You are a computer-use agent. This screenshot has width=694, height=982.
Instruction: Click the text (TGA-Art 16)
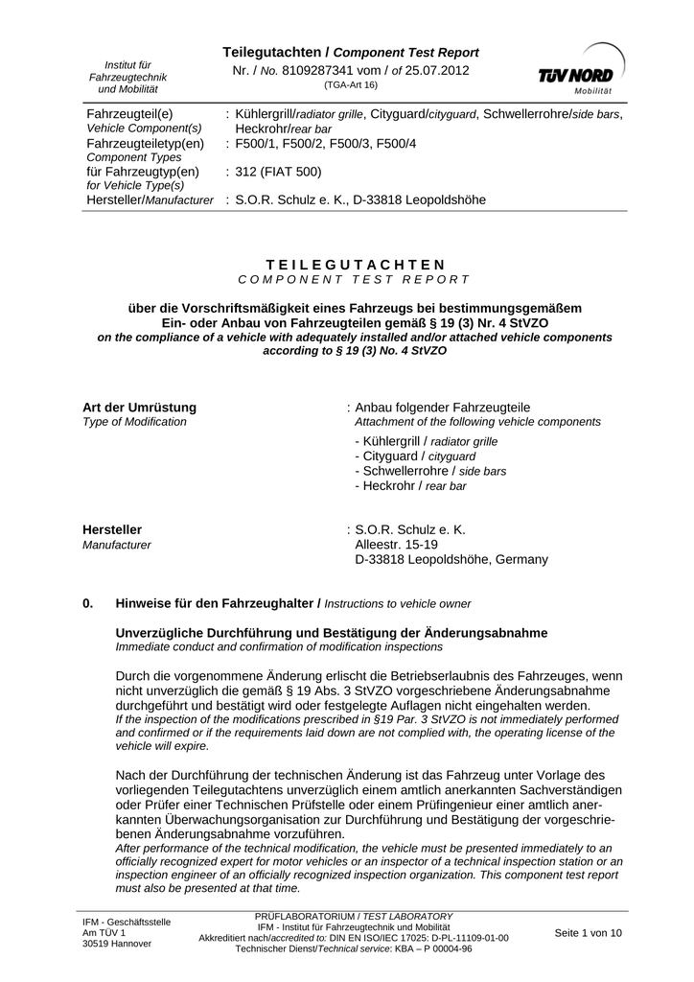(351, 85)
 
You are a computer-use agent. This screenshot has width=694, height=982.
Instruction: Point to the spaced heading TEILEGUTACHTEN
(355, 264)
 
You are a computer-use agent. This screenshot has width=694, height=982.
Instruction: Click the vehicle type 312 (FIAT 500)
(279, 172)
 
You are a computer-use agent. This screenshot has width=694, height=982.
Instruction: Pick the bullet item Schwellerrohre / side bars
(430, 471)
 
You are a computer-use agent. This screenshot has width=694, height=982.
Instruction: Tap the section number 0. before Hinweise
(89, 603)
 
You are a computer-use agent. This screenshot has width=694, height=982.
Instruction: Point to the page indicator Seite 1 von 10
(589, 932)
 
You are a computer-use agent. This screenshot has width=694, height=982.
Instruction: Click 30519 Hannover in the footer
(117, 944)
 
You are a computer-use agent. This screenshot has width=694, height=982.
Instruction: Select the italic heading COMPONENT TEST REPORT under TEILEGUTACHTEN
(355, 280)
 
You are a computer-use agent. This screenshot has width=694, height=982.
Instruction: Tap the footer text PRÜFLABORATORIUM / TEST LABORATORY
(354, 917)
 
